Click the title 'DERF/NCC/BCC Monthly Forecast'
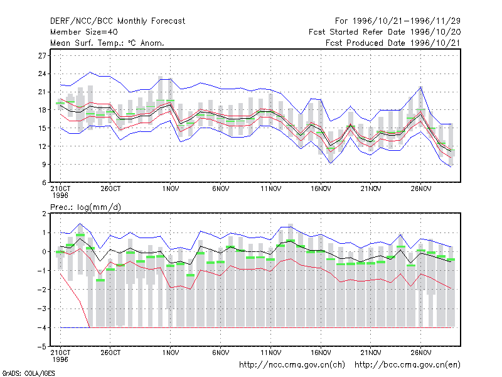pos(117,21)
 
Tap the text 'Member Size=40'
pos(84,32)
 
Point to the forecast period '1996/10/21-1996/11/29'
pos(406,21)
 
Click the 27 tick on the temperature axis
pos(42,56)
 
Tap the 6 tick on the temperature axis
pos(44,183)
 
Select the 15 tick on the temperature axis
pos(42,128)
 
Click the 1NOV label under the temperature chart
pos(170,189)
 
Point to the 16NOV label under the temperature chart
pos(321,189)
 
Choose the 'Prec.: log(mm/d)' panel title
pos(85,207)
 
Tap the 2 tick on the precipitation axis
pos(44,214)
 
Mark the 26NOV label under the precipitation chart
pos(421,352)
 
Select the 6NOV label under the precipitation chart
pos(221,352)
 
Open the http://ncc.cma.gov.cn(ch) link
pos(292,365)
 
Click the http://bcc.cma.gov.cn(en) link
pos(407,365)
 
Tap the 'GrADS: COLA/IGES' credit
pos(28,373)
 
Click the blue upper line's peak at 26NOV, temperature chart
pos(420,87)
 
